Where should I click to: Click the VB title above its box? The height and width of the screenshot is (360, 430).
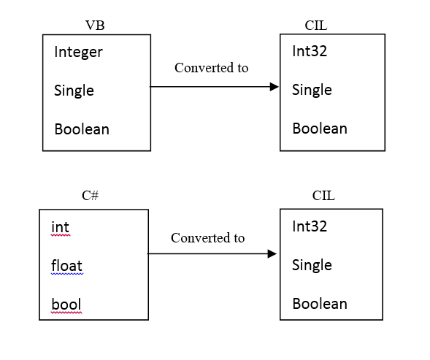[95, 26]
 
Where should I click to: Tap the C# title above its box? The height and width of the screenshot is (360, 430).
[91, 195]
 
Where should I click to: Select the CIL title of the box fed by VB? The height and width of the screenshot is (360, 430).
[316, 26]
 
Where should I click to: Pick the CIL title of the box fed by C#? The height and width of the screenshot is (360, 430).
[323, 195]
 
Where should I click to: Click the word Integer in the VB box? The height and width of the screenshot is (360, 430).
[79, 53]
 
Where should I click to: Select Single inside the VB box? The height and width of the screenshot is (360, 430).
[74, 91]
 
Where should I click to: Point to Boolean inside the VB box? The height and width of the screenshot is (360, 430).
[82, 130]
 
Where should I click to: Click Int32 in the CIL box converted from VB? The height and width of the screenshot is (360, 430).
[310, 52]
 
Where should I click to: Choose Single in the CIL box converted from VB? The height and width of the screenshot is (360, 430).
[312, 90]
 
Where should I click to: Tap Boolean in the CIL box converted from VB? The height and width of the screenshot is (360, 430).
[320, 129]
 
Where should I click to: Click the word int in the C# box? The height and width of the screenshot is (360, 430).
[60, 228]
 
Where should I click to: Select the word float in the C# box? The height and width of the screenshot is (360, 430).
[66, 266]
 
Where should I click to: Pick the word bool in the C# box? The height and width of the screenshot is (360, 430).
[66, 305]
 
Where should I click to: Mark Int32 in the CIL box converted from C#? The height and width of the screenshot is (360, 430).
[310, 226]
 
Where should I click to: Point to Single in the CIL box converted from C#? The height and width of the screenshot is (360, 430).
[312, 265]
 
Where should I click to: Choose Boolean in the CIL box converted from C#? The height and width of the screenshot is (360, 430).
[320, 304]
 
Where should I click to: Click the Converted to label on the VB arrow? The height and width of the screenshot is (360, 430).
[211, 68]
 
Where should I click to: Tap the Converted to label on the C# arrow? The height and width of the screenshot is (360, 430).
[207, 238]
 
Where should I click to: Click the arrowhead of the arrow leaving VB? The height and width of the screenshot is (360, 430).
[274, 87]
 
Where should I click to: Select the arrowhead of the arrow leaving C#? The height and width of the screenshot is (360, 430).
[272, 254]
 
